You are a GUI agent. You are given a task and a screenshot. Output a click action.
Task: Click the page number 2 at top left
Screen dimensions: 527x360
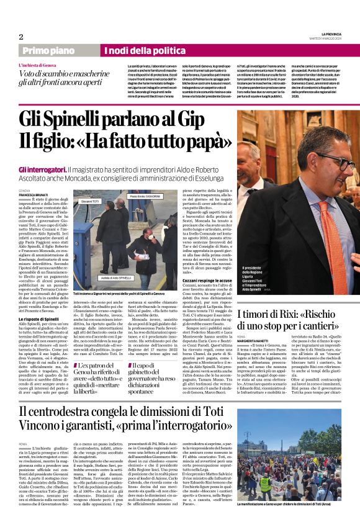coord(21,37)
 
